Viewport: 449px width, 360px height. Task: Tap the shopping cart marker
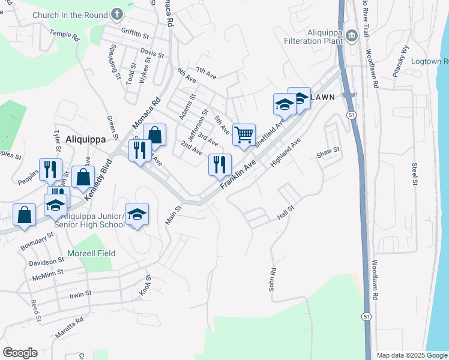[x=244, y=134]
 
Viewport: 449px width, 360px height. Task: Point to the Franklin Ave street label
[x=238, y=174]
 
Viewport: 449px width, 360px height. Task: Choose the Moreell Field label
[x=91, y=253]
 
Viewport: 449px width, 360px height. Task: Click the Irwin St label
[x=80, y=294]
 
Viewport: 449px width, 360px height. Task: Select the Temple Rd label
[x=64, y=36]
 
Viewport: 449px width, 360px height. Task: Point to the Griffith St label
[x=134, y=35]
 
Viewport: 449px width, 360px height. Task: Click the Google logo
[x=20, y=353]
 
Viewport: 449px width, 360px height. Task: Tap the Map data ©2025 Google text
[x=411, y=355]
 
